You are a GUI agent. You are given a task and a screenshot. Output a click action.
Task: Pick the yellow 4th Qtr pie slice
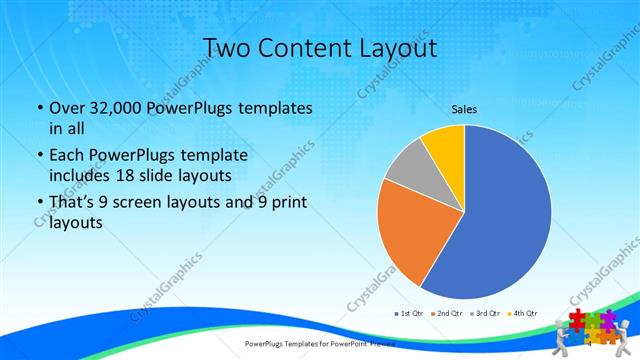click(444, 144)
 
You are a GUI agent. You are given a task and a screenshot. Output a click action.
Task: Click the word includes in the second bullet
click(78, 177)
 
